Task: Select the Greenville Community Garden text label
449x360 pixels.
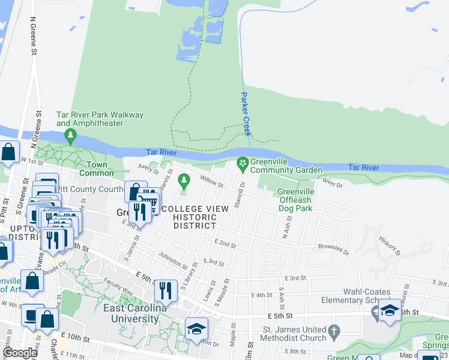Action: (286, 166)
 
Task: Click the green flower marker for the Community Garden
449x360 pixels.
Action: (243, 163)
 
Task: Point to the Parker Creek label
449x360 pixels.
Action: (246, 113)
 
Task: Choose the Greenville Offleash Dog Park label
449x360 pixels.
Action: (295, 200)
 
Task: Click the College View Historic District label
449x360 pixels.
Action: (194, 217)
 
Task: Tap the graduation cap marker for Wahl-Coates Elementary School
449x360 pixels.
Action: (390, 310)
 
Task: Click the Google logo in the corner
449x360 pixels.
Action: (20, 353)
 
